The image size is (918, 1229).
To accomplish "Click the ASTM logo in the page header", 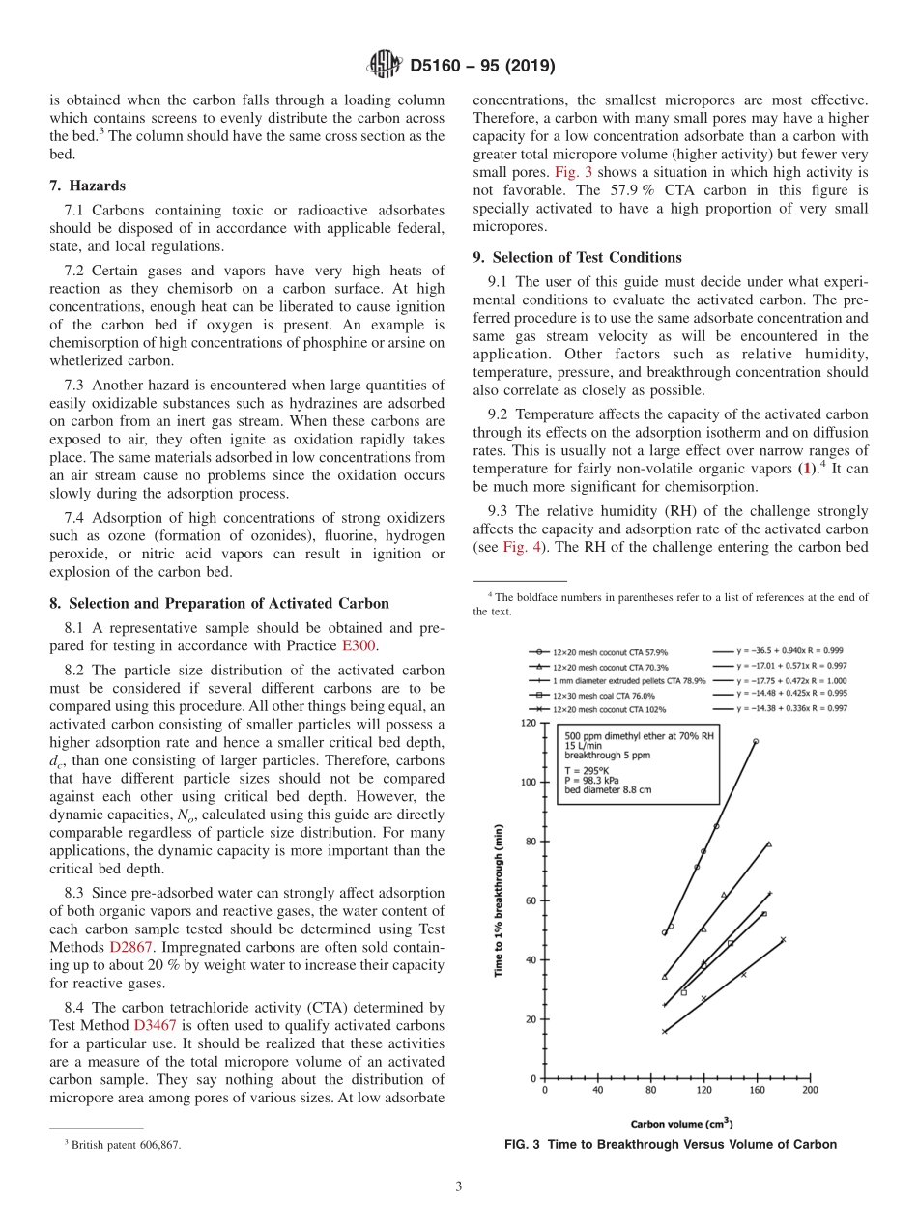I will [x=385, y=66].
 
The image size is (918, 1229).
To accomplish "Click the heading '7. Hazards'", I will [x=87, y=185].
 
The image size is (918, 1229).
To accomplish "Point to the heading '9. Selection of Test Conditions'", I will [x=577, y=257].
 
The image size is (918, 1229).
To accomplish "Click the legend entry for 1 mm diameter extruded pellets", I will [x=618, y=680].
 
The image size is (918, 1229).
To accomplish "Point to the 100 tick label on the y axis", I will [x=528, y=783].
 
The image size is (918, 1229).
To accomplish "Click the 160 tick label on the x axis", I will [x=757, y=1090].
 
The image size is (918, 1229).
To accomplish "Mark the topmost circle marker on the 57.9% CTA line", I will [x=756, y=741].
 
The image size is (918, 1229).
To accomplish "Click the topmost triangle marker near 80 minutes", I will [x=769, y=843].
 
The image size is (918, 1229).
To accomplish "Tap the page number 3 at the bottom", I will [x=458, y=1186].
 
